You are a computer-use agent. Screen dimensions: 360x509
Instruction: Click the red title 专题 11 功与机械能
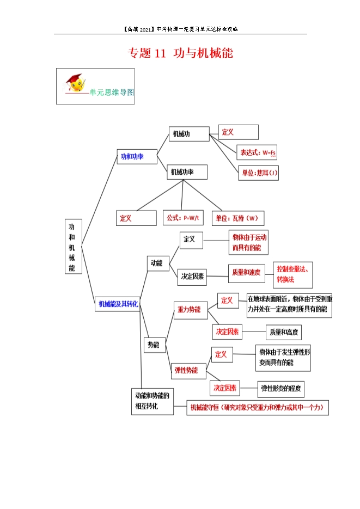[x=180, y=53]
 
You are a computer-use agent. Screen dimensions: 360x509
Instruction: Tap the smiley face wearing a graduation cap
[x=75, y=83]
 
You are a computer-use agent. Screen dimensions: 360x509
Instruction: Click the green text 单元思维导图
[x=112, y=93]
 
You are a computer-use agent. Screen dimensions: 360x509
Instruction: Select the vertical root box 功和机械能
[x=74, y=247]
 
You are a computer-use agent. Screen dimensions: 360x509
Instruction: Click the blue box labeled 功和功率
[x=137, y=156]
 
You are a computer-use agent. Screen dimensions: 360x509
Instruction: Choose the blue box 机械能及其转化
[x=118, y=304]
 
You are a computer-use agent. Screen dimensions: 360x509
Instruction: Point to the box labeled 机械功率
[x=187, y=171]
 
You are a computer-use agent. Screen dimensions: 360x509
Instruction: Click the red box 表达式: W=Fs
[x=257, y=152]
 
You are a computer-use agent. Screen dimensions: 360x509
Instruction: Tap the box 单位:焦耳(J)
[x=258, y=173]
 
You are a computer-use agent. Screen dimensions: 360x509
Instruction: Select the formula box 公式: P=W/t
[x=183, y=218]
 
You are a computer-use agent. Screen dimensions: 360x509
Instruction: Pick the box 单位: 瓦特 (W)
[x=238, y=218]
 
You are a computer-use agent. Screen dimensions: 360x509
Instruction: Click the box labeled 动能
[x=158, y=263]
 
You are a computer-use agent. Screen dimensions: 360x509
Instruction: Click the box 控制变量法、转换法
[x=293, y=274]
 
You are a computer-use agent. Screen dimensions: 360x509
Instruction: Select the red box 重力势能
[x=191, y=310]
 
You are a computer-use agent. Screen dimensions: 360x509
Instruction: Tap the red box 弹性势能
[x=188, y=371]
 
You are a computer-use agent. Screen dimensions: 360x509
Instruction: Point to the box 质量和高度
[x=284, y=332]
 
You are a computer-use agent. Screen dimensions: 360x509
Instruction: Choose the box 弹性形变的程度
[x=281, y=389]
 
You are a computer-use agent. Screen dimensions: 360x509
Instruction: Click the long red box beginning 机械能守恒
[x=258, y=408]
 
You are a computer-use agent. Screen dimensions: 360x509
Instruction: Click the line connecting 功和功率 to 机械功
[x=163, y=145]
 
